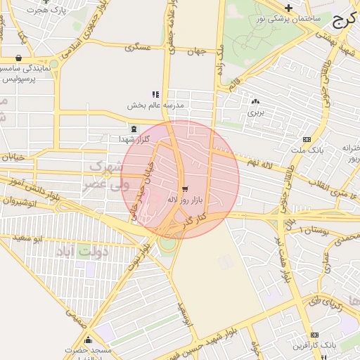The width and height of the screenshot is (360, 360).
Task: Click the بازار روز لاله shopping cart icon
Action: pyautogui.click(x=184, y=189)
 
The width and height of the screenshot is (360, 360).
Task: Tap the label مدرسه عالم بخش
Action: pyautogui.click(x=155, y=105)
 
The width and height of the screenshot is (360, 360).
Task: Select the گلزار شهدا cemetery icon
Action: pyautogui.click(x=134, y=129)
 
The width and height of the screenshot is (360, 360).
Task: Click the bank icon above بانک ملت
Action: pyautogui.click(x=306, y=139)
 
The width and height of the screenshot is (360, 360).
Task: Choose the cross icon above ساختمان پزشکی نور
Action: pyautogui.click(x=288, y=8)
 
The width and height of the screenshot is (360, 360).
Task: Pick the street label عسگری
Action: pyautogui.click(x=138, y=48)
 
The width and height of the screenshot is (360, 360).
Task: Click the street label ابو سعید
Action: pyautogui.click(x=29, y=239)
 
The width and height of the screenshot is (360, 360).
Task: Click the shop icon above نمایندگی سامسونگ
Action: pyautogui.click(x=18, y=58)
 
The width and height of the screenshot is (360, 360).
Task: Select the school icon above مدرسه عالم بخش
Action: pyautogui.click(x=155, y=94)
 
